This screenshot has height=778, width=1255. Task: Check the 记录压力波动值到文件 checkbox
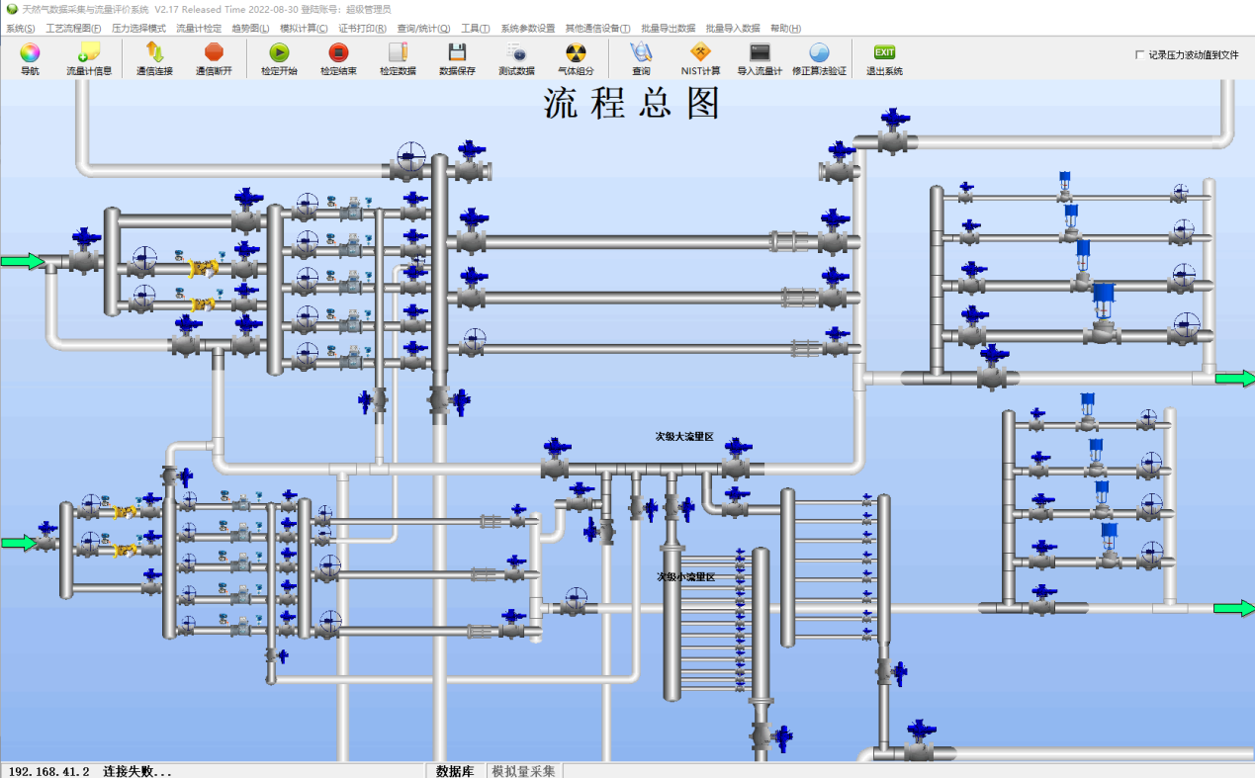[1140, 55]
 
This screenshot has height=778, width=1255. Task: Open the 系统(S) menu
[20, 29]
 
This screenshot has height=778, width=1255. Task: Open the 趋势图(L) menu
[250, 29]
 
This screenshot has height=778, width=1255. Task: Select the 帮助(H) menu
[785, 29]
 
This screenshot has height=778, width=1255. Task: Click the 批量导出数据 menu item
[668, 29]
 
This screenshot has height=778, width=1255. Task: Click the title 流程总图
[632, 104]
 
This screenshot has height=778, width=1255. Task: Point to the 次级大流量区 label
[684, 436]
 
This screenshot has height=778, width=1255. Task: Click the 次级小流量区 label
[685, 576]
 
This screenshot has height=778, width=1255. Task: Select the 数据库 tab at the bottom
[455, 771]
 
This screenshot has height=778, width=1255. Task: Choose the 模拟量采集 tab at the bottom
[523, 771]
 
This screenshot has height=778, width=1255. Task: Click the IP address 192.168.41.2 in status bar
[48, 771]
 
